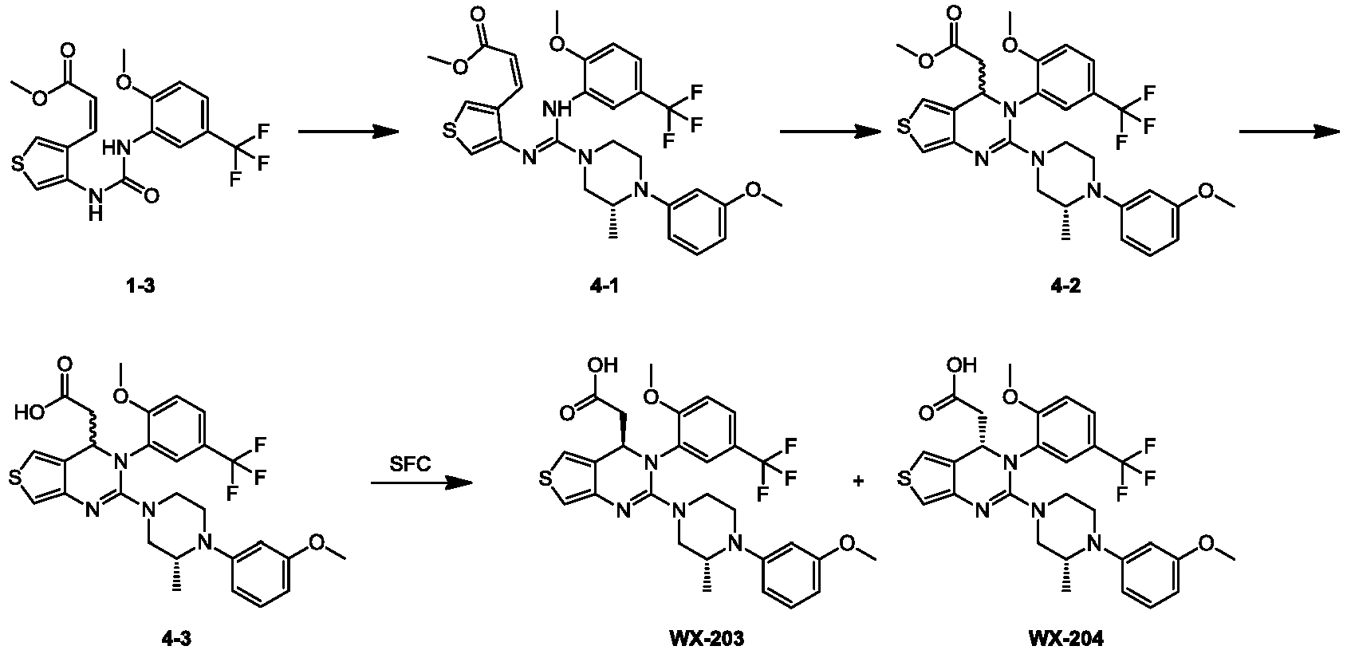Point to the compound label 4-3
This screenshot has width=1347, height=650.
click(x=177, y=639)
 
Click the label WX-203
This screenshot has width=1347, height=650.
click(x=707, y=639)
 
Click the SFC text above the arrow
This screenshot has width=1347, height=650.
click(x=409, y=464)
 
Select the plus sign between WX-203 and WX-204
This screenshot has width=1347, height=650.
click(x=859, y=481)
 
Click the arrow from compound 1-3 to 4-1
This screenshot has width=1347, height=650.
click(x=349, y=132)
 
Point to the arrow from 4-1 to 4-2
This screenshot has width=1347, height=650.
click(x=829, y=132)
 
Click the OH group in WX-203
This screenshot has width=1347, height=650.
click(x=603, y=365)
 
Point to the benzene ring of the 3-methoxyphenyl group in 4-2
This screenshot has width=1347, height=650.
click(x=1151, y=223)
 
